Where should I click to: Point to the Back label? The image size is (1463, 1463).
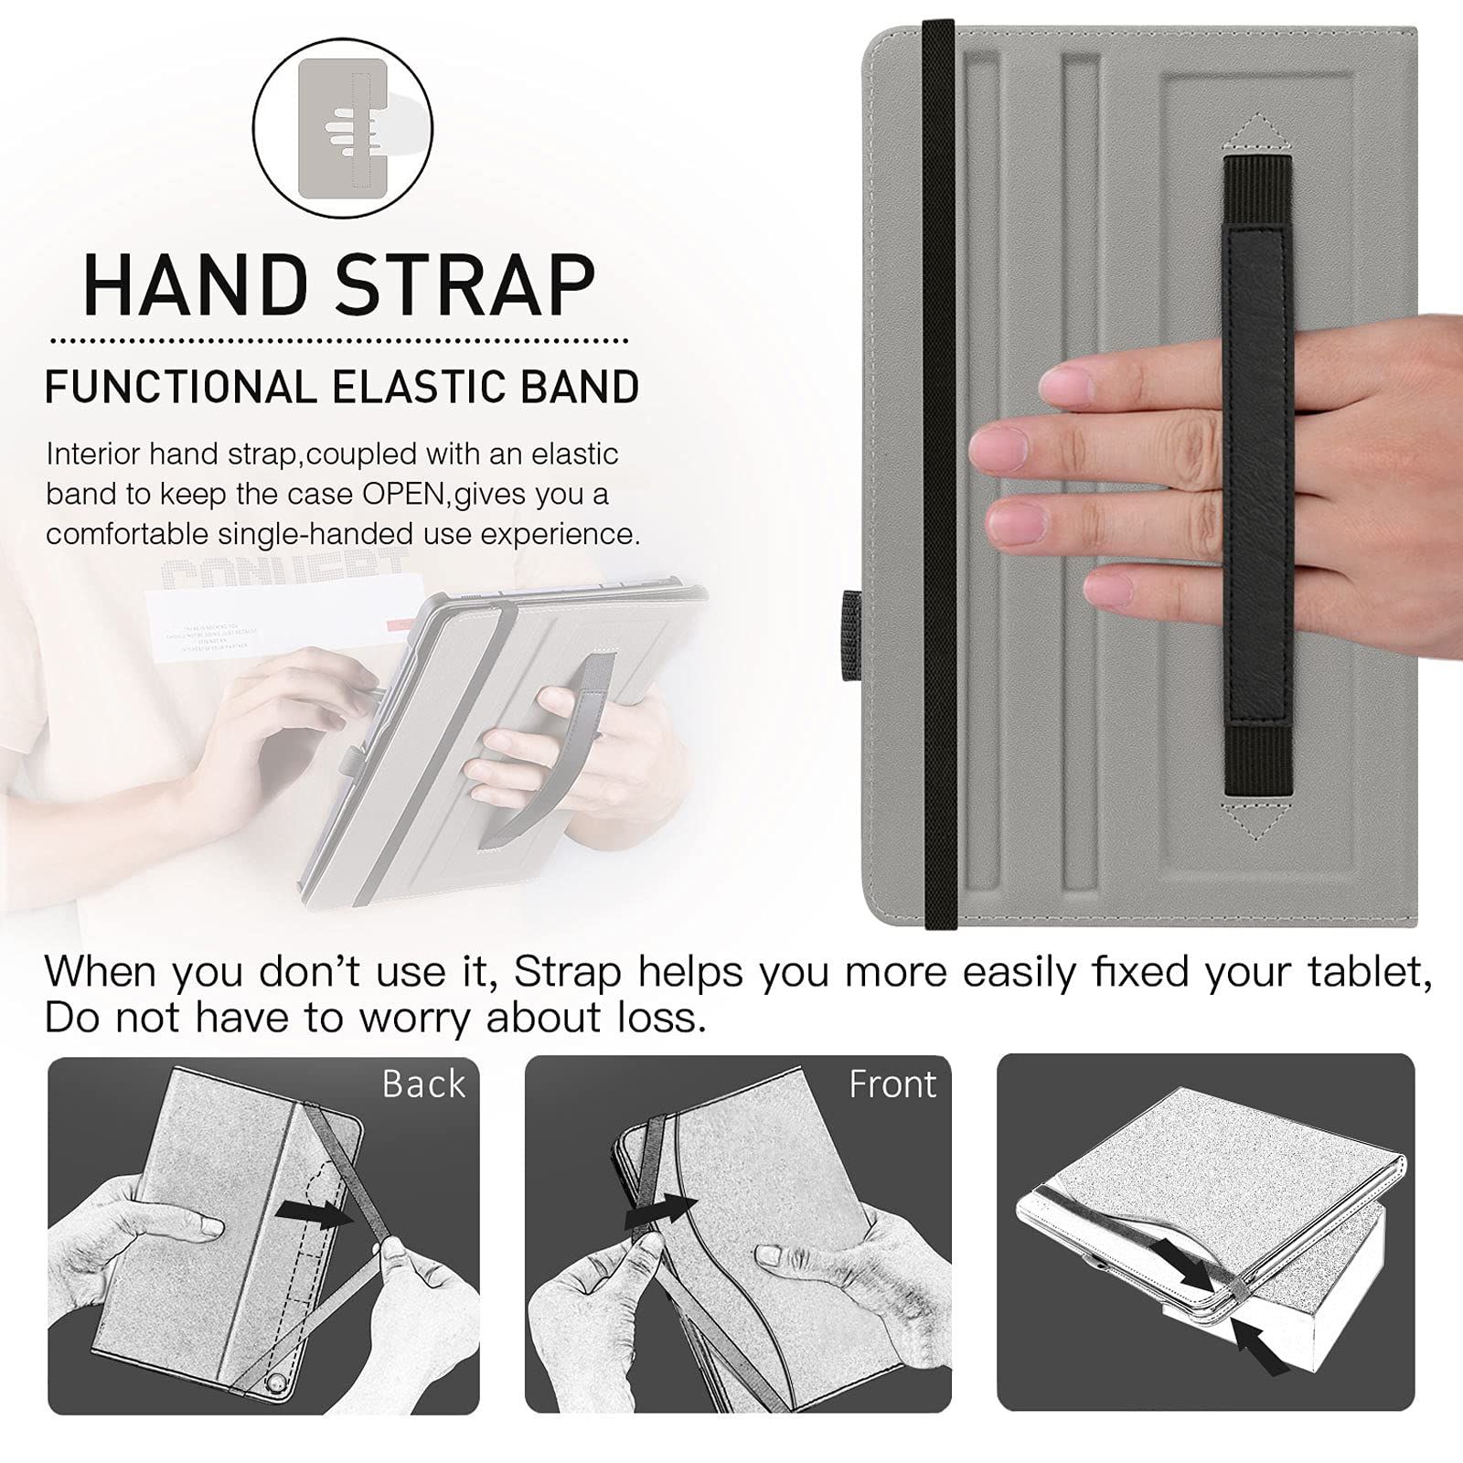coord(423,1084)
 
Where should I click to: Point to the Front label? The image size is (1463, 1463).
coord(892,1084)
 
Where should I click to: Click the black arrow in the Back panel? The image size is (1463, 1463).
coord(314,1214)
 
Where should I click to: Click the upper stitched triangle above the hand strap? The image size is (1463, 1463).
coord(1258,131)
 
